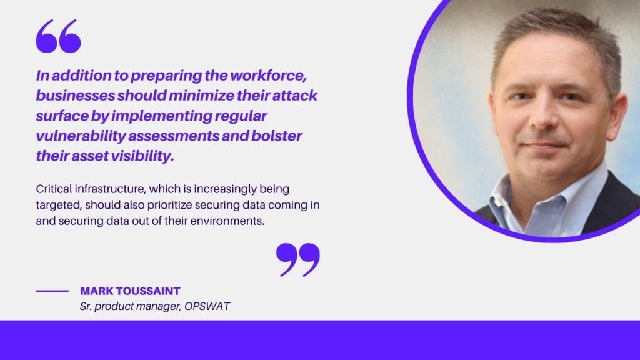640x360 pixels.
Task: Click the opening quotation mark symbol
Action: pos(58,36)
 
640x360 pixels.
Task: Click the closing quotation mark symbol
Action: pos(298,260)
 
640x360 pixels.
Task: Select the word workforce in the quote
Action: pos(268,76)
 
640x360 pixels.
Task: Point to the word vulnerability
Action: pos(81,136)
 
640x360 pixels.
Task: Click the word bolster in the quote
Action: pos(276,136)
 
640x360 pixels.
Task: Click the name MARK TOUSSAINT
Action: pos(130,291)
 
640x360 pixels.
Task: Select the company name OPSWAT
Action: pos(207,306)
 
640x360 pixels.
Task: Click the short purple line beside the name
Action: pos(52,291)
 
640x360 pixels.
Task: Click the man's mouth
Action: pos(546,144)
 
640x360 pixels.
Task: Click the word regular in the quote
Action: pos(241,116)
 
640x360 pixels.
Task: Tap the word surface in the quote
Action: pos(62,116)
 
